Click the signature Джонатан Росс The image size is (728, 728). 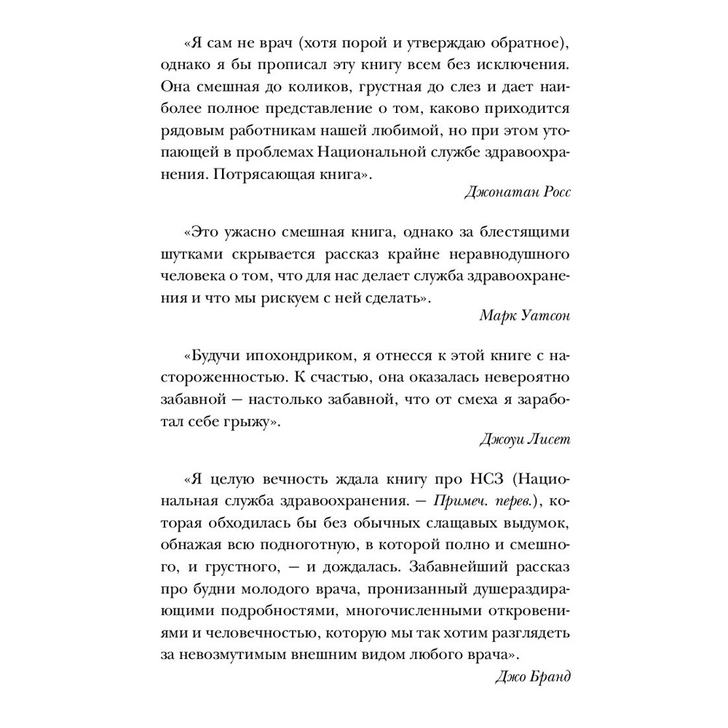[x=518, y=192]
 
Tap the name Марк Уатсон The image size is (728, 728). [x=527, y=314]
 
